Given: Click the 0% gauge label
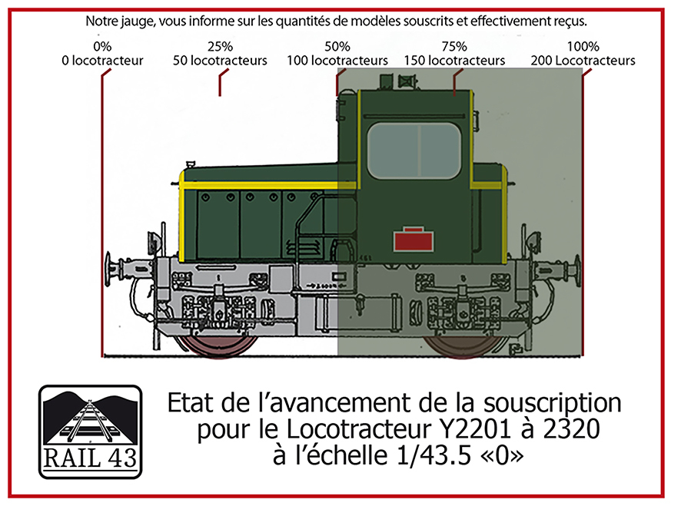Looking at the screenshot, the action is coord(102,46).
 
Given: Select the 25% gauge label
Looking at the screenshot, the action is coord(220,46).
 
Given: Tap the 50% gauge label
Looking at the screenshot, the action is coord(337,46).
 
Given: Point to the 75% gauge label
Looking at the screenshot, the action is coord(454,46).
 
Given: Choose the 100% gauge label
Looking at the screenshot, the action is coord(583,46).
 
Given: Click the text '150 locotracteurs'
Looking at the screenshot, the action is coord(454,61).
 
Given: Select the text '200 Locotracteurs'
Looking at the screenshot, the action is coord(583,61).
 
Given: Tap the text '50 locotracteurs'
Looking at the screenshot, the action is coord(220,61).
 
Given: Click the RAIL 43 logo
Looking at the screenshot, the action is coord(91,432).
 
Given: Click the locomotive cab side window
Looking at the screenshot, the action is coord(414,150).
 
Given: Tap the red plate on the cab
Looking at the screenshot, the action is coord(414,240).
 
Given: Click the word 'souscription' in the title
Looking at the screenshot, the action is coord(553,404).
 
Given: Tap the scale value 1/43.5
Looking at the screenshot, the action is coord(434,455).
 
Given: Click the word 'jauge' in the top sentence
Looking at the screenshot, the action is coord(137,21).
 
